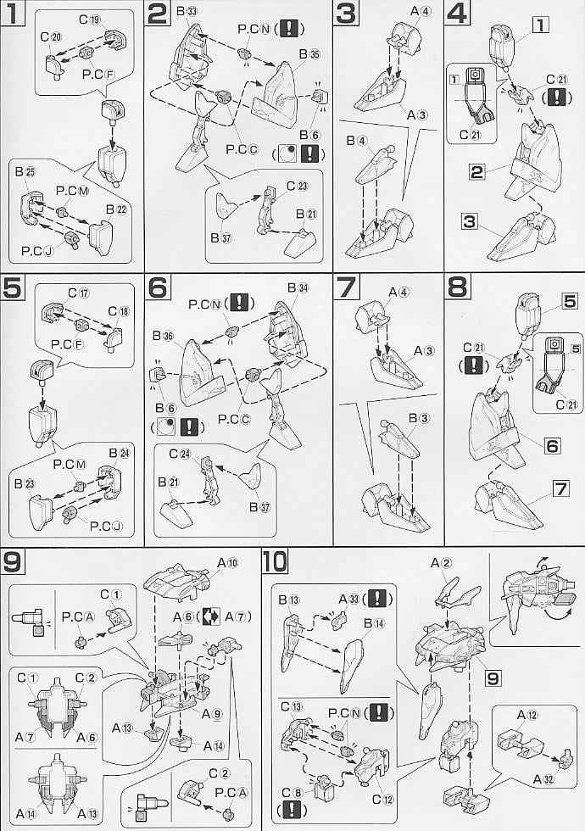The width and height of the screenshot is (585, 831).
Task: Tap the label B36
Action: point(163,335)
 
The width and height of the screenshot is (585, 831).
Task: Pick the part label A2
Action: point(439,562)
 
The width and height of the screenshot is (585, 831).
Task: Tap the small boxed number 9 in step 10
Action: point(494,678)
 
